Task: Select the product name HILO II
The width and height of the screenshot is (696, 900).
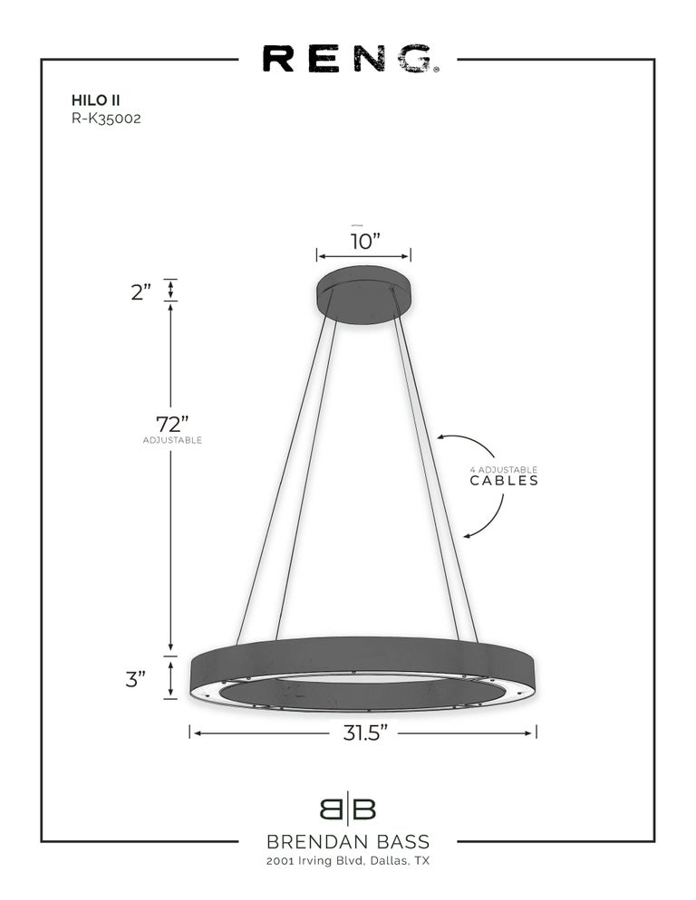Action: coord(90,101)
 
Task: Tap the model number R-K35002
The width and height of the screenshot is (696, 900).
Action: coord(105,117)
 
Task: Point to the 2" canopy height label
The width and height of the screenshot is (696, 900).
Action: coord(140,292)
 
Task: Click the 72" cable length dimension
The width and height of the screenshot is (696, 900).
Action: coord(171,423)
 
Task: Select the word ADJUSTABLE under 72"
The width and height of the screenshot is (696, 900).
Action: coord(171,440)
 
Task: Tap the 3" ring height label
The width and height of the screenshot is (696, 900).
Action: coord(136,679)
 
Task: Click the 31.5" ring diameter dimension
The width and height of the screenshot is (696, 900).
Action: coord(365,732)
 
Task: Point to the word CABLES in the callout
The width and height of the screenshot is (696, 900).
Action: coord(504,481)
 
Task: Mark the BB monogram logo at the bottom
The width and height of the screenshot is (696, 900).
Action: coord(347,809)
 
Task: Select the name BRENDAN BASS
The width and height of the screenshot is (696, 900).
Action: coord(347,843)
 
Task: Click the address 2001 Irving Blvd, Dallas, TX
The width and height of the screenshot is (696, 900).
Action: coord(347,861)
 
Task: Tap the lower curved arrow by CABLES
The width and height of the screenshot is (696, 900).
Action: coord(489,521)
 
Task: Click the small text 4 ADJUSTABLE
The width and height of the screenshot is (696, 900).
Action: coord(503,469)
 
